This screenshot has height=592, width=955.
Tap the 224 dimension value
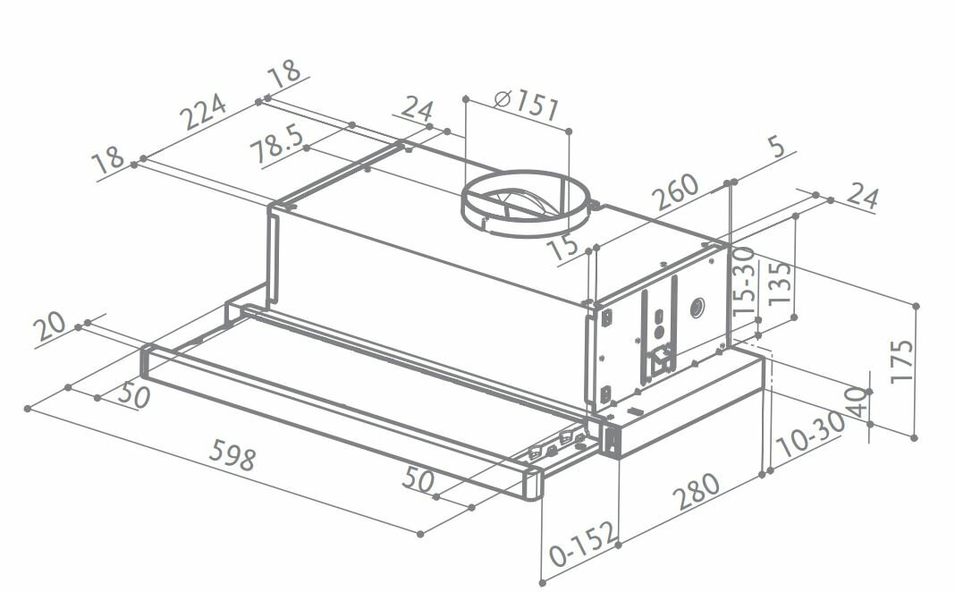point(206,112)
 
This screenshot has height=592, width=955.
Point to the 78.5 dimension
point(277,144)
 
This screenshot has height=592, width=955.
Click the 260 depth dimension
point(675,192)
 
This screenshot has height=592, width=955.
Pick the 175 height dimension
point(902,360)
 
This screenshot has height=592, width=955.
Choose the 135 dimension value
point(781,283)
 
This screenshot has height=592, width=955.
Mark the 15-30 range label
point(744,282)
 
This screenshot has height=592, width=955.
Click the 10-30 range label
point(811,435)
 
